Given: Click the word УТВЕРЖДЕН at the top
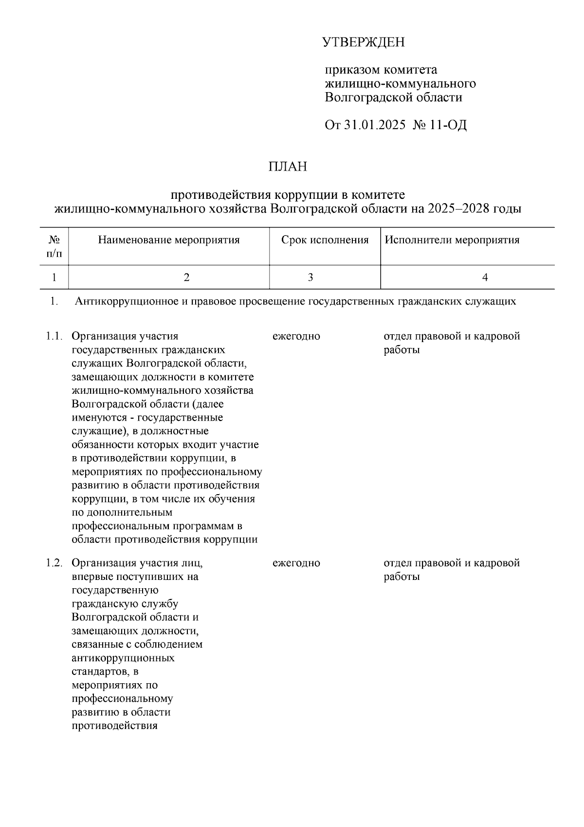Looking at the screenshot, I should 363,43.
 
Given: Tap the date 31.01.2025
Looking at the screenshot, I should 374,125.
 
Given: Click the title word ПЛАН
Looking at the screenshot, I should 288,167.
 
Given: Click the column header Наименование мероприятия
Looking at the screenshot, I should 169,240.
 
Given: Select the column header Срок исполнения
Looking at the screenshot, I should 325,240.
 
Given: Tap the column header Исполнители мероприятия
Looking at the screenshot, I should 452,240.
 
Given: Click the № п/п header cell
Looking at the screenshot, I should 54,247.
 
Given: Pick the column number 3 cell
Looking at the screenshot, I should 310,277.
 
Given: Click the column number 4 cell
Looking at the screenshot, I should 485,277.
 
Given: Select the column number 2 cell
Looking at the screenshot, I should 186,277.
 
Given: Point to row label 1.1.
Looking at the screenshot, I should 55,336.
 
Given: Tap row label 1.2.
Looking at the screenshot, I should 55,563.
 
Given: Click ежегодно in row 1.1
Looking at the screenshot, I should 296,336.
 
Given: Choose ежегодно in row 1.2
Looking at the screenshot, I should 296,563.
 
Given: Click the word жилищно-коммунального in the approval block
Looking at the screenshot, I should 400,84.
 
